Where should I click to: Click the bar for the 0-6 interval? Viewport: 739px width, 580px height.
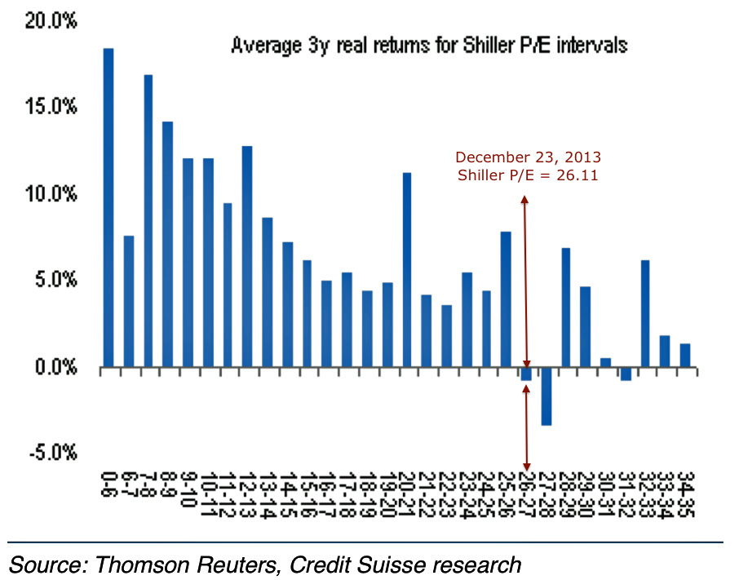tap(108, 208)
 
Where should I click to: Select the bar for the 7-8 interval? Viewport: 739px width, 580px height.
tap(148, 221)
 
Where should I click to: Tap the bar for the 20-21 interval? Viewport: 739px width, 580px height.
tap(406, 270)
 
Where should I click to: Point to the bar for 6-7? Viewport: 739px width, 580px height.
tap(128, 302)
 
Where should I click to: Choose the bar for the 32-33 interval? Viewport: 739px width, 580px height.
tap(644, 314)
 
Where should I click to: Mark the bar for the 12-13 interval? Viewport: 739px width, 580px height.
tap(247, 257)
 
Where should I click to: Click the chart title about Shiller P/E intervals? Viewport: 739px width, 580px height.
tap(429, 46)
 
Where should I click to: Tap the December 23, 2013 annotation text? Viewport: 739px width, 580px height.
tap(528, 157)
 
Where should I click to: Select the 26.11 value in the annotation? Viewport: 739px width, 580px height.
tap(580, 175)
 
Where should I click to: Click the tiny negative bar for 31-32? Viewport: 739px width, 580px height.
tap(626, 374)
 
